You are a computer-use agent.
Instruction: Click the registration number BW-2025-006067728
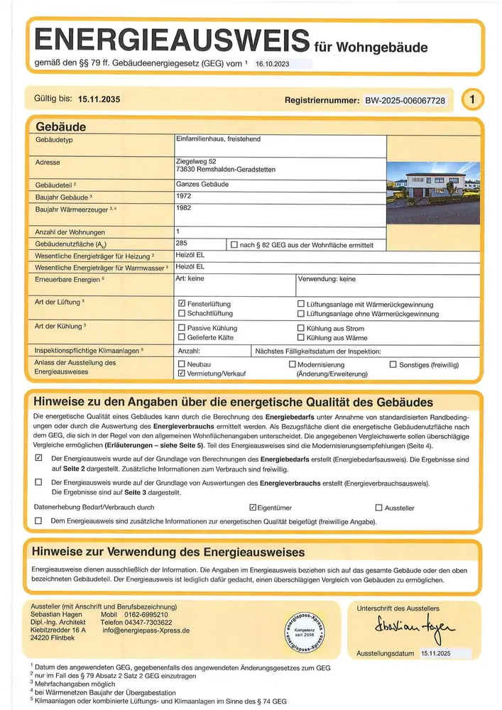(405, 101)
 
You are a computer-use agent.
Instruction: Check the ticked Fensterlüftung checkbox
(182, 304)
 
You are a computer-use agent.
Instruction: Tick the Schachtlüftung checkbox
(182, 314)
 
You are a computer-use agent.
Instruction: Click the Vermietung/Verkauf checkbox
(182, 373)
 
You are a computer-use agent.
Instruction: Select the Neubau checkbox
(182, 364)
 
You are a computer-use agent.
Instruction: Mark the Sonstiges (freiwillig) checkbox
(393, 364)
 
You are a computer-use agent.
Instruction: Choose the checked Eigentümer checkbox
(253, 508)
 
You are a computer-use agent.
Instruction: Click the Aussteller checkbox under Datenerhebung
(378, 508)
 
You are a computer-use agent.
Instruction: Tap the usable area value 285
(182, 243)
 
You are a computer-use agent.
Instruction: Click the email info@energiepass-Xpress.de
(145, 630)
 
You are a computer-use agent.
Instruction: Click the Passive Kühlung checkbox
(182, 328)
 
